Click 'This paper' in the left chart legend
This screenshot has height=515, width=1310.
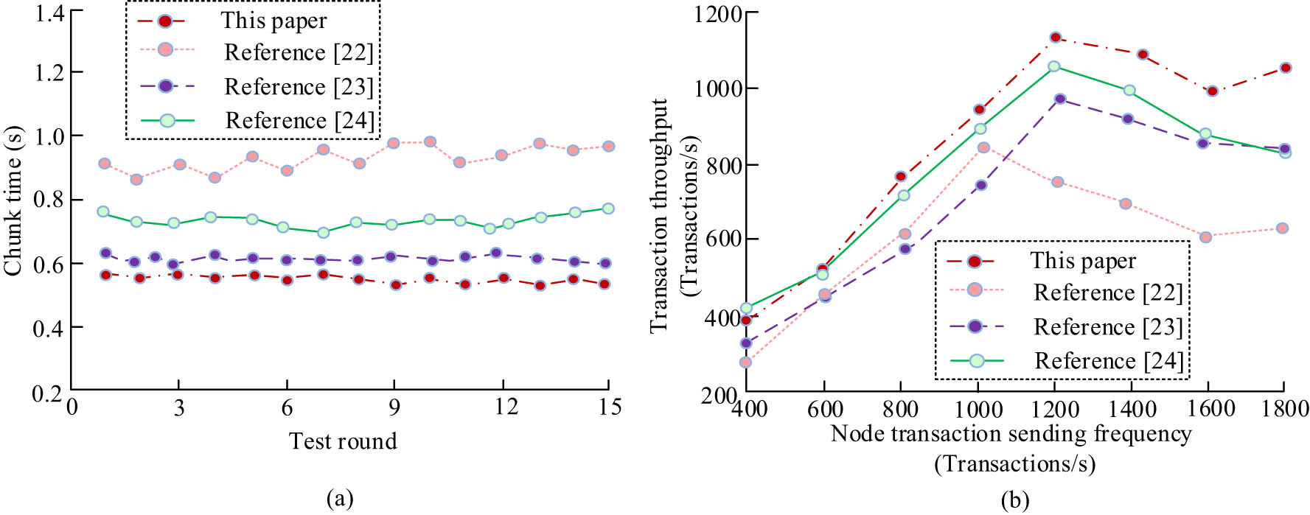pos(274,21)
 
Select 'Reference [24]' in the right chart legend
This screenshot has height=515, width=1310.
pos(1108,361)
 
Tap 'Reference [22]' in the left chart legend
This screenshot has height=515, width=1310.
pos(299,53)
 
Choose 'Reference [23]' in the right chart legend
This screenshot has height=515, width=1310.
pos(1107,327)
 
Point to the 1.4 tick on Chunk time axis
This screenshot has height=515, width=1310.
pos(49,13)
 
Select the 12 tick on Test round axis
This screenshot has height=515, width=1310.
pos(506,407)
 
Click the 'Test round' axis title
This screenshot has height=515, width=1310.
pos(343,441)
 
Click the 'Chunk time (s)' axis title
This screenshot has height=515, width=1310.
pos(13,201)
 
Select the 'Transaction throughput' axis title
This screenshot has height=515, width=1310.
pos(658,215)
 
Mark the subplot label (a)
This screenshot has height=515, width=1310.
pos(339,499)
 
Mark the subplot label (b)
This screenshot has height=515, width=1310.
pos(1014,502)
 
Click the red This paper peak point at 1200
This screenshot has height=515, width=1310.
pos(1055,38)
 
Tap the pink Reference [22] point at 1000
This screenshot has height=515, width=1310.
pos(983,147)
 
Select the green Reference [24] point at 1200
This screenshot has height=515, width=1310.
pos(1053,66)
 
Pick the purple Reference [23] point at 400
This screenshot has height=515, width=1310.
pos(745,343)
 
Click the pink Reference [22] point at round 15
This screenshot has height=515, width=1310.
pos(608,147)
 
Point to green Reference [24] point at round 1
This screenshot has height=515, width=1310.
pos(103,211)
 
